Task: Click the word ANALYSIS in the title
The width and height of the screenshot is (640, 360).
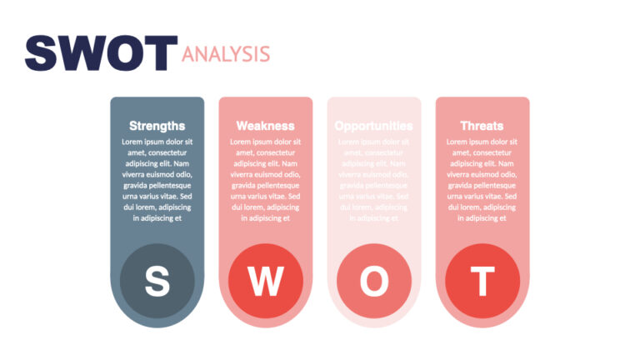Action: pyautogui.click(x=226, y=55)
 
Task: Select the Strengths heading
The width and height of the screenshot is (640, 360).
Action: pyautogui.click(x=157, y=126)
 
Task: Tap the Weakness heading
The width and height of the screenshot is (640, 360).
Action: pyautogui.click(x=265, y=126)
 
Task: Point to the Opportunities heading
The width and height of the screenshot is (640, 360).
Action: pyautogui.click(x=373, y=126)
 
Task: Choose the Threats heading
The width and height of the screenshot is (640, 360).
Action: pyautogui.click(x=482, y=126)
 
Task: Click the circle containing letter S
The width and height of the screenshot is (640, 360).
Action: pyautogui.click(x=157, y=282)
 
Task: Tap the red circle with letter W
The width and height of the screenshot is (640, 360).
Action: pyautogui.click(x=265, y=282)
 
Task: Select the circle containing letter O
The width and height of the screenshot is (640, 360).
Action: pyautogui.click(x=373, y=282)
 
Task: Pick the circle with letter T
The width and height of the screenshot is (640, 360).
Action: pyautogui.click(x=482, y=282)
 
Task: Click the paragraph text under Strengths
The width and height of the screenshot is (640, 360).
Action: pyautogui.click(x=157, y=180)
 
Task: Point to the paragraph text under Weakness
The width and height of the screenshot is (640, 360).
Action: pyautogui.click(x=265, y=180)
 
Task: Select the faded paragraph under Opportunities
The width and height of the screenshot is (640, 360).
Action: pyautogui.click(x=373, y=180)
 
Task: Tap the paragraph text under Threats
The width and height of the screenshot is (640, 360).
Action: pyautogui.click(x=482, y=180)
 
